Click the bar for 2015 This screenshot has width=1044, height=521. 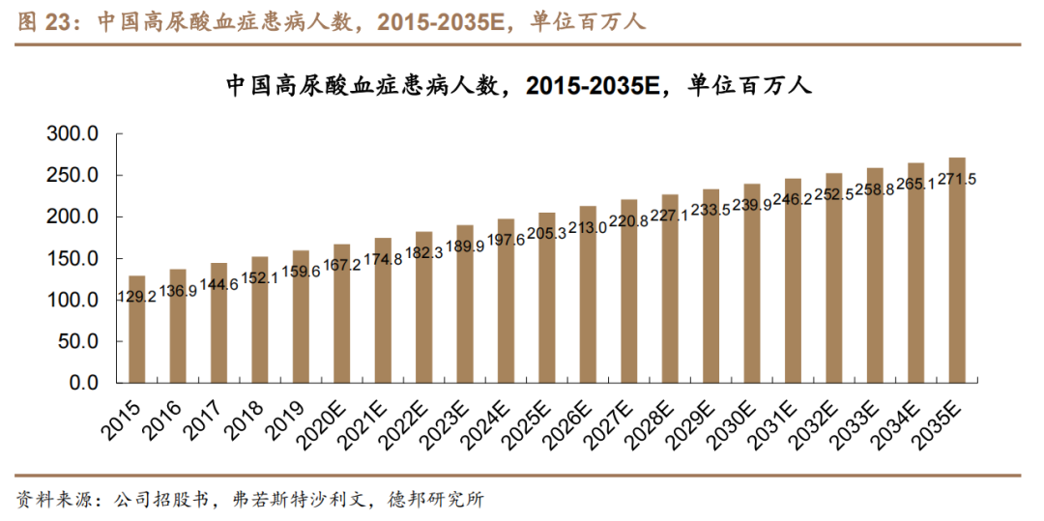click(x=136, y=338)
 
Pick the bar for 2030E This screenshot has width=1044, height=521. click(x=752, y=290)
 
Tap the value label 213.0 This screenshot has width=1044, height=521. click(x=588, y=227)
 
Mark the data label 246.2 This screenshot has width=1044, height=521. click(x=793, y=200)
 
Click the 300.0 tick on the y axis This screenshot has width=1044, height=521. click(x=73, y=134)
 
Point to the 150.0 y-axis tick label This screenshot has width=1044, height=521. click(x=73, y=259)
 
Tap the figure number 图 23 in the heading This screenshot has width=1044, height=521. click(x=43, y=22)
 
